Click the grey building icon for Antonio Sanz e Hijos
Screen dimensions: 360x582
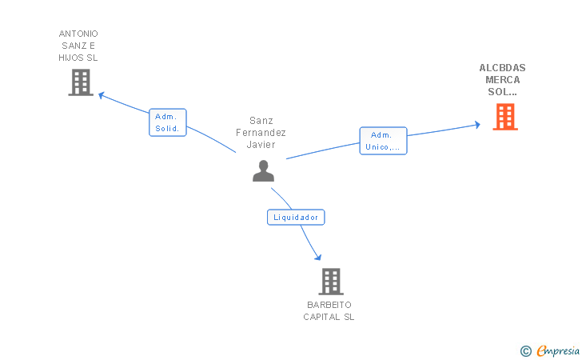[81, 82]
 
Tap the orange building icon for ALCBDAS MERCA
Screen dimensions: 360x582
[504, 117]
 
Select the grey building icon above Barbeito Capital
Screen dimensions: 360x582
[330, 282]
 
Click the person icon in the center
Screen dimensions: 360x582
[263, 170]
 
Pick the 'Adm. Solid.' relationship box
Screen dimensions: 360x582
[168, 122]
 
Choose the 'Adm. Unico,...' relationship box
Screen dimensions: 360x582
[383, 141]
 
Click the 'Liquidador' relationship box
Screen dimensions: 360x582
[296, 217]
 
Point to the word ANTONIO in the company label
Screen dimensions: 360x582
[78, 34]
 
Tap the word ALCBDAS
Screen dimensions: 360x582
[503, 68]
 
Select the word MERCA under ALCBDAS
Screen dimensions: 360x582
[503, 80]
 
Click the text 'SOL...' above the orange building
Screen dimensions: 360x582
[503, 92]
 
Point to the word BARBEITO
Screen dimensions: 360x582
[329, 305]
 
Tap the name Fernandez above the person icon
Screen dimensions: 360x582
[261, 133]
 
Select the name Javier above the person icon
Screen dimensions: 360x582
[261, 145]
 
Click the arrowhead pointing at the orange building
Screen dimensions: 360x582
[476, 125]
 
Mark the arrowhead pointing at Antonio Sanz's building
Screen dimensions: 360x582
[102, 94]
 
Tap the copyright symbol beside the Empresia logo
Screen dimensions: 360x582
[525, 350]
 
